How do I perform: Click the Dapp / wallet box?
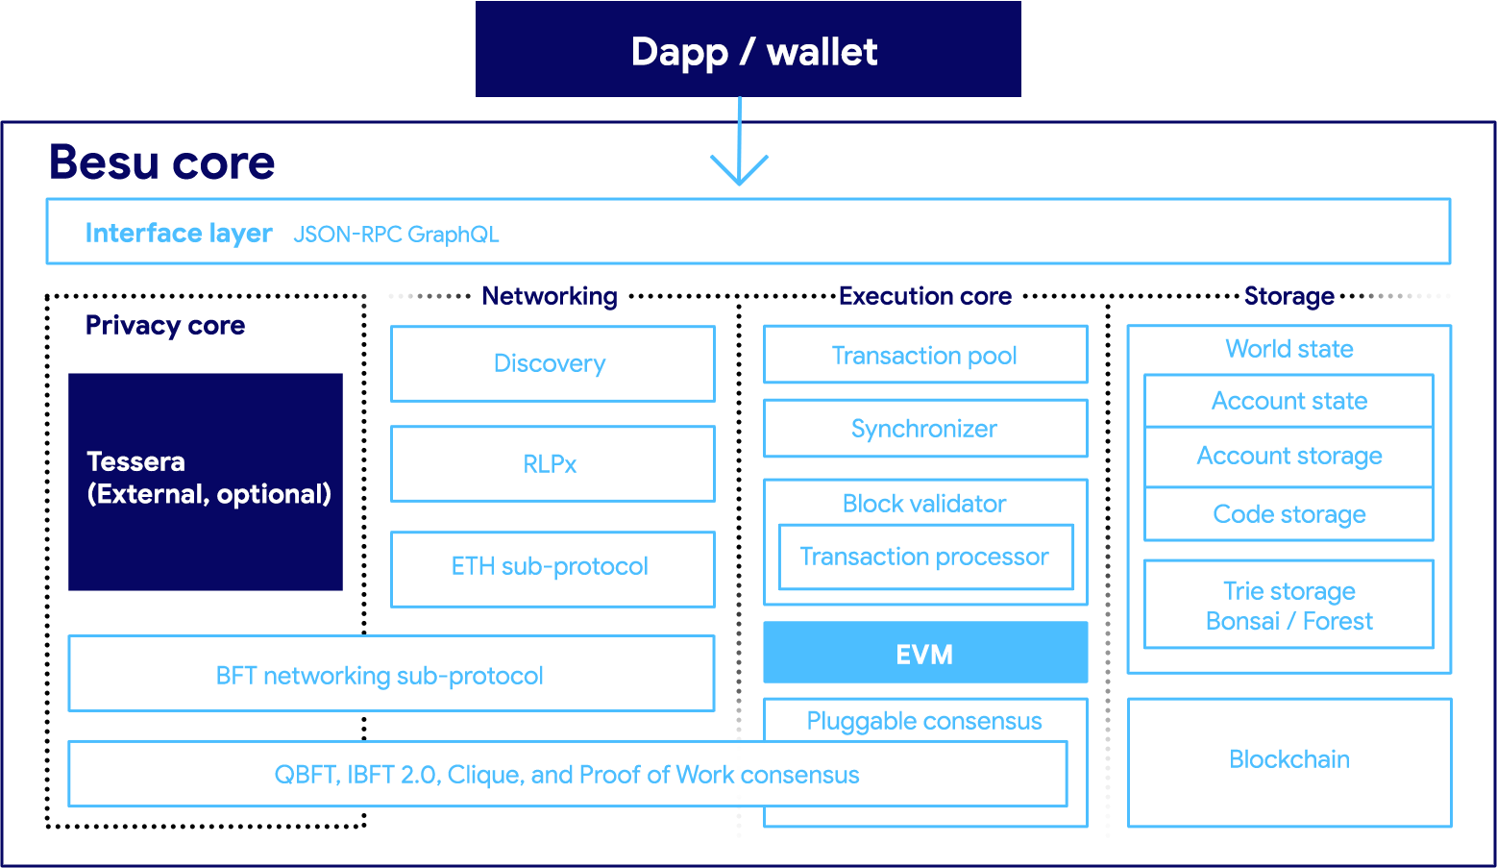(x=748, y=50)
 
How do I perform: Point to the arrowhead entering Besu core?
(x=739, y=171)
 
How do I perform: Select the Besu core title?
(x=161, y=161)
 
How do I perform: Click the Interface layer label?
(x=179, y=233)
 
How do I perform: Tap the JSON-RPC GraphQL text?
(x=396, y=235)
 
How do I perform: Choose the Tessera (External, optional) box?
(x=206, y=481)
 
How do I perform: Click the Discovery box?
(x=552, y=363)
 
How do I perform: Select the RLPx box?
(x=552, y=463)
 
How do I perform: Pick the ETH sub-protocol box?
(x=552, y=568)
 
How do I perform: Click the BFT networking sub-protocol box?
(x=390, y=674)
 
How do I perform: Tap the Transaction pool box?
(x=924, y=355)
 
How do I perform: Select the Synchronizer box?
(x=924, y=429)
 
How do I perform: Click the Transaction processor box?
(x=924, y=557)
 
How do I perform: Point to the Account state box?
(x=1288, y=401)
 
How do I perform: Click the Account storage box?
(x=1288, y=457)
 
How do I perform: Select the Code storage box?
(x=1288, y=514)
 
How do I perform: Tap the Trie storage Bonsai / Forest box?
(x=1288, y=605)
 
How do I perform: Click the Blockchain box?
(x=1288, y=761)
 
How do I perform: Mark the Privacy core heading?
(x=165, y=326)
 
